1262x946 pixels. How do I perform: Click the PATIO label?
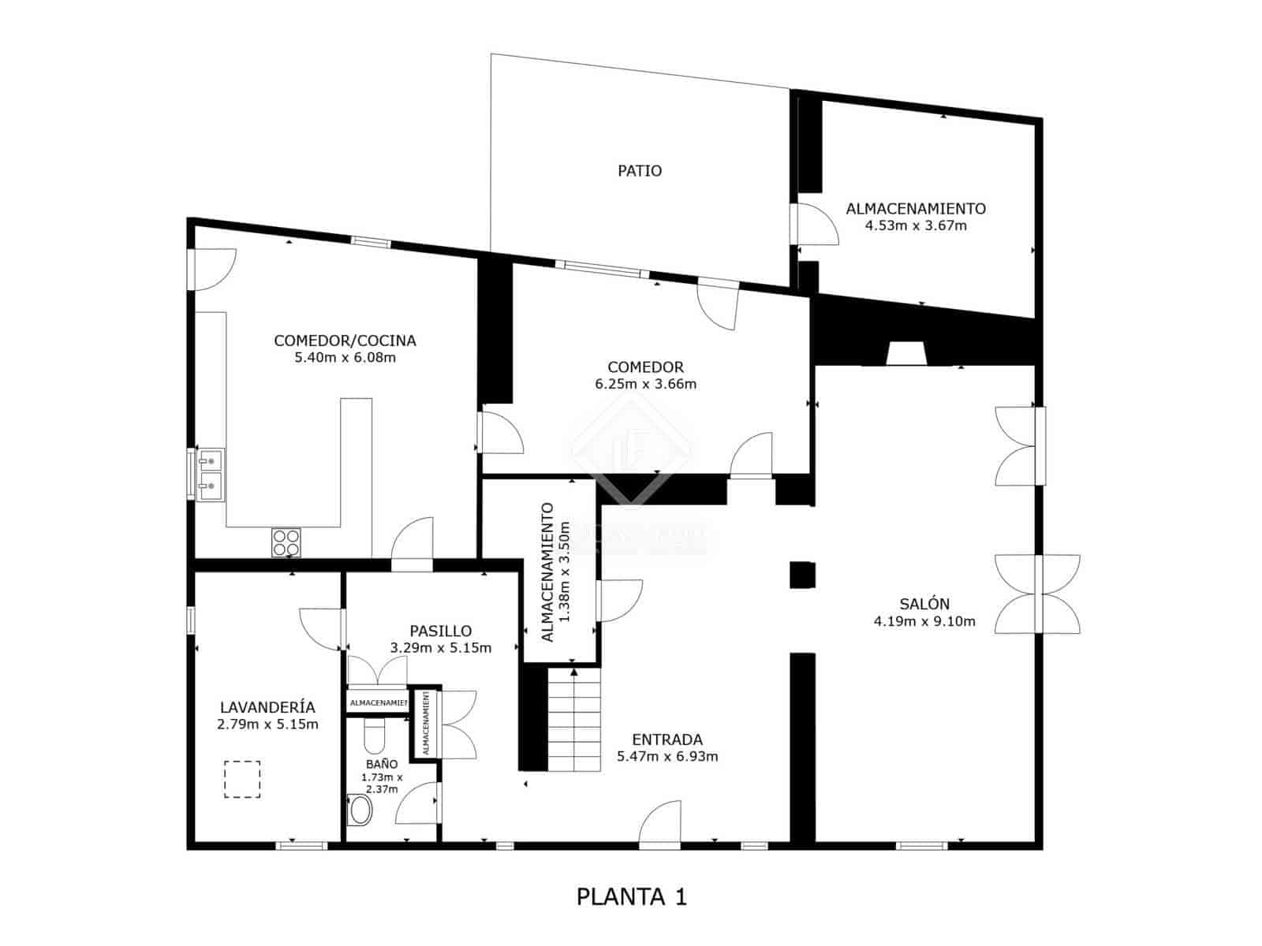click(x=640, y=170)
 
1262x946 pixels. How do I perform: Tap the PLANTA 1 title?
click(x=632, y=896)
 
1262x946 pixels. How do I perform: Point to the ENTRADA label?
click(x=666, y=739)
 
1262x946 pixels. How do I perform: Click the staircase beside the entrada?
click(x=574, y=720)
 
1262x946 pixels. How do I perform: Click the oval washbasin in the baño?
click(x=360, y=810)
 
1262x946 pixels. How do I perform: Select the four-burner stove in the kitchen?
click(x=286, y=542)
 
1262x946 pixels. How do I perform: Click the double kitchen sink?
click(x=211, y=474)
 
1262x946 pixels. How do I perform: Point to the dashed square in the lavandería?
click(x=242, y=779)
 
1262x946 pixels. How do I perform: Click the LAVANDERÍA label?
click(x=267, y=707)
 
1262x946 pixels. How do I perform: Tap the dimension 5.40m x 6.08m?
click(x=345, y=358)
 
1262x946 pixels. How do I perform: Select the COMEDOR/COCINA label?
click(x=345, y=341)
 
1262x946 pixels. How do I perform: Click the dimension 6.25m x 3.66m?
click(x=645, y=385)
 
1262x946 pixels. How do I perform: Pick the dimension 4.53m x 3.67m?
click(x=916, y=225)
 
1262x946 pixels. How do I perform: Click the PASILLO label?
click(x=440, y=631)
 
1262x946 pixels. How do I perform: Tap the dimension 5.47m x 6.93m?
click(x=666, y=757)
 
